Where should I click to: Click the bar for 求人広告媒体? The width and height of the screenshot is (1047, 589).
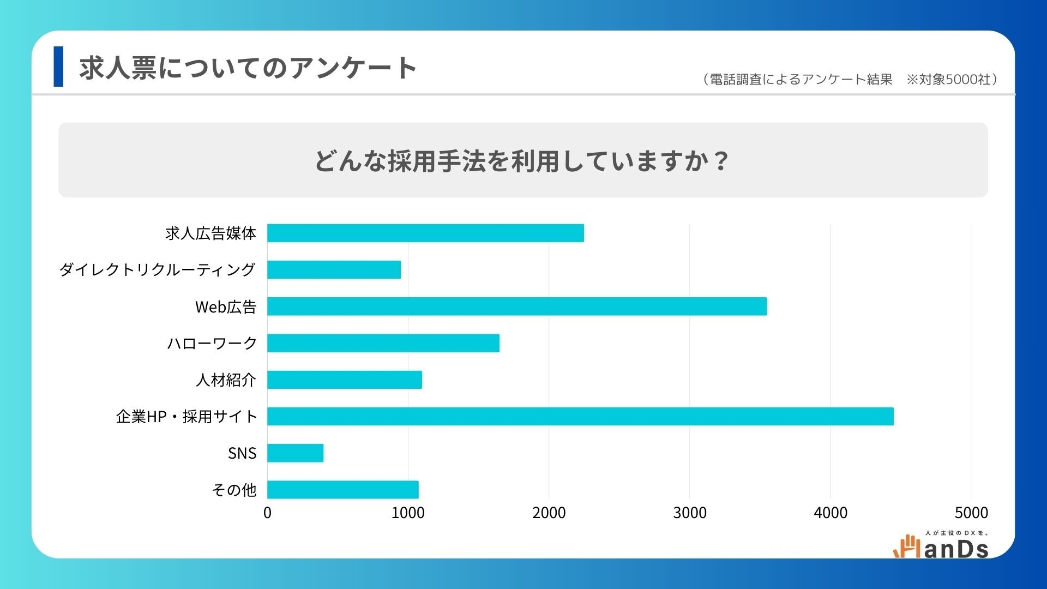point(425,233)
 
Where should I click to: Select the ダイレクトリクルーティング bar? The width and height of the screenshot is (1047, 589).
point(334,269)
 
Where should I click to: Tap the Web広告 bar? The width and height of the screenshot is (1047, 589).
point(517,306)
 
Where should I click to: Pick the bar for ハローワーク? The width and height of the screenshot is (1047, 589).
point(383,343)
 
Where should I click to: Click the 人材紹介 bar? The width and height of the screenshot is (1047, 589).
point(345,380)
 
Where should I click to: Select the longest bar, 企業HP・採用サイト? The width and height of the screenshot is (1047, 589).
point(580,416)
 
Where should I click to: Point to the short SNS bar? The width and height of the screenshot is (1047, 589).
point(295,453)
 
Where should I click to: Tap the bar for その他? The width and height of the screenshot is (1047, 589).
point(343,490)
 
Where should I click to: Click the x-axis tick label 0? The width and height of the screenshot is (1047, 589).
point(267,513)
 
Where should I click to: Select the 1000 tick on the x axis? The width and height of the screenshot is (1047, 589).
point(408,513)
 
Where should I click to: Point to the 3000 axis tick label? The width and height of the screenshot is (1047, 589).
point(690,513)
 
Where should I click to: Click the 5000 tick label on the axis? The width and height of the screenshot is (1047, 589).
point(971,513)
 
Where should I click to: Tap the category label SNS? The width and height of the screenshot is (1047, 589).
point(242,453)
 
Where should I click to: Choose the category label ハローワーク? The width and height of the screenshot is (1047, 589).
point(212,343)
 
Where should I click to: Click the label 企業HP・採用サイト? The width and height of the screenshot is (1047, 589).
point(186,417)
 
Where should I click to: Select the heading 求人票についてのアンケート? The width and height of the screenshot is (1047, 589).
point(248,68)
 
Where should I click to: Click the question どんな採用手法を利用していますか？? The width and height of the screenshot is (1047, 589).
point(522,160)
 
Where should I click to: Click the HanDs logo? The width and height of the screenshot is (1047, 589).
point(941,545)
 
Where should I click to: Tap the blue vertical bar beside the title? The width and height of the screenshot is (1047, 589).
point(58,67)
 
